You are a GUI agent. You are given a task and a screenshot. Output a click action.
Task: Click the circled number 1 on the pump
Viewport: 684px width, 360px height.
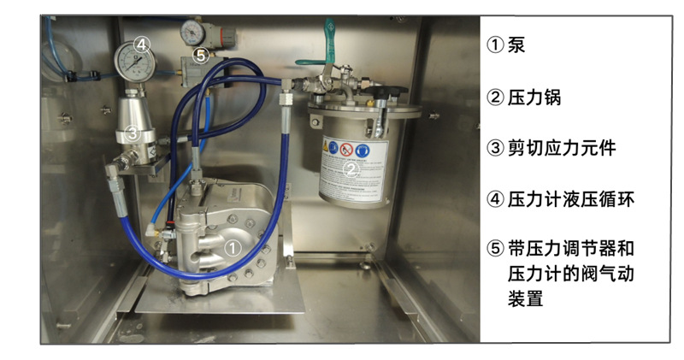pos(232,248)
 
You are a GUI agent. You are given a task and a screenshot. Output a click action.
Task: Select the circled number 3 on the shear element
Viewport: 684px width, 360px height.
pos(133,133)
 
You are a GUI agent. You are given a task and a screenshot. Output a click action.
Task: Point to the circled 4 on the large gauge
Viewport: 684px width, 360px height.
pos(142,44)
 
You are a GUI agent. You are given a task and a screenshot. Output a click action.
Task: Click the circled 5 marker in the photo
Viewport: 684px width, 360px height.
pos(201,56)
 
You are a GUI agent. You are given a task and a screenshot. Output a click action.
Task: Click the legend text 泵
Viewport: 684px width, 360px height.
pos(516,44)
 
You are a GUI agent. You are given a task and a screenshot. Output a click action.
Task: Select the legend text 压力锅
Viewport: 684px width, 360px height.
pos(534,97)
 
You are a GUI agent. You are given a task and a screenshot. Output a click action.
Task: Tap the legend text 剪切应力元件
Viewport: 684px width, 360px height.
pos(562,148)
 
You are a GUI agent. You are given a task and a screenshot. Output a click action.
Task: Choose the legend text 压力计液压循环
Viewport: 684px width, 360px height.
pos(571,199)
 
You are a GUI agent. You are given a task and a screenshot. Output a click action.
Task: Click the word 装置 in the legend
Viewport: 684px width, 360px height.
pos(525,299)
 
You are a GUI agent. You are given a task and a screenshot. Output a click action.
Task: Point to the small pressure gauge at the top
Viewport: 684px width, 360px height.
pos(192,32)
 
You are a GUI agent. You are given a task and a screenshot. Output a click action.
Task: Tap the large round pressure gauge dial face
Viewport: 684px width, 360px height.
pos(135,62)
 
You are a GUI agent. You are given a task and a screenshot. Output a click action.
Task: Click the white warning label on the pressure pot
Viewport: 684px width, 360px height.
pos(353,170)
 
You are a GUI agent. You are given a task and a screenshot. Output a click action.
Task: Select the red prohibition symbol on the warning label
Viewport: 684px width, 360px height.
pos(346,150)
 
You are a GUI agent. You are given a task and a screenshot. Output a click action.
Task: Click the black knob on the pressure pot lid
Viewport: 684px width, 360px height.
pos(386,91)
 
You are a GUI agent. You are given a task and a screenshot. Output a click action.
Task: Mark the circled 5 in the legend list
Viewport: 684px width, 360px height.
pos(495,248)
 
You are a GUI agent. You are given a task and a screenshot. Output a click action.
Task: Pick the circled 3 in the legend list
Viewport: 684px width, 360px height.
pos(495,148)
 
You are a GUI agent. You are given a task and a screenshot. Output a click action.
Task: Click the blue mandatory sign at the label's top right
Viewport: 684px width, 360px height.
pos(362,151)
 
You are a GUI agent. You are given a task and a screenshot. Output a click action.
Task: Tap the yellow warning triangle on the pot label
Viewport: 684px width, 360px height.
pos(326,147)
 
